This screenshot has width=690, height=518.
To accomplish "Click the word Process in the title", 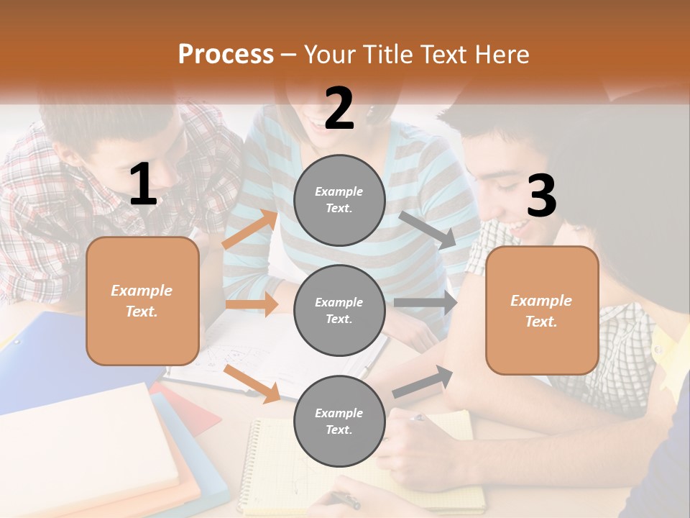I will tap(226, 55).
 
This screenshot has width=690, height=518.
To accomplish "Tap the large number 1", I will tap(143, 185).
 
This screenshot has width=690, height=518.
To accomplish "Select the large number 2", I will tap(339, 109).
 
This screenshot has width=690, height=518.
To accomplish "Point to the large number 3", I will tap(541, 196).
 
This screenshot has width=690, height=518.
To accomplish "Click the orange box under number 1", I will tap(142, 301).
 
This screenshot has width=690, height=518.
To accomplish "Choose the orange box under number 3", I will tap(542, 311).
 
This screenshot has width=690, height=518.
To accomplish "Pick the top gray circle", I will tap(339, 200).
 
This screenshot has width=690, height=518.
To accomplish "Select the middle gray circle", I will tap(339, 310).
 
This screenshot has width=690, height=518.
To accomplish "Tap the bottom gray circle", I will tap(339, 421).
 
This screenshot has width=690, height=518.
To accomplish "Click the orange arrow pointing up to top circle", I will tap(249, 230).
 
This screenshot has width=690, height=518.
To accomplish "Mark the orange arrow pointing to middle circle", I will tap(252, 304).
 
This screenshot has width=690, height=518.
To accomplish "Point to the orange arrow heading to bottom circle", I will tap(252, 383).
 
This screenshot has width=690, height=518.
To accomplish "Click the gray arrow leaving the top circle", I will tap(427, 230).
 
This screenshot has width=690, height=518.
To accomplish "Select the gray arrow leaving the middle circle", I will tap(425, 303).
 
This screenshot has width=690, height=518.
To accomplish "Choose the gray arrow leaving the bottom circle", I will tap(423, 382).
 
